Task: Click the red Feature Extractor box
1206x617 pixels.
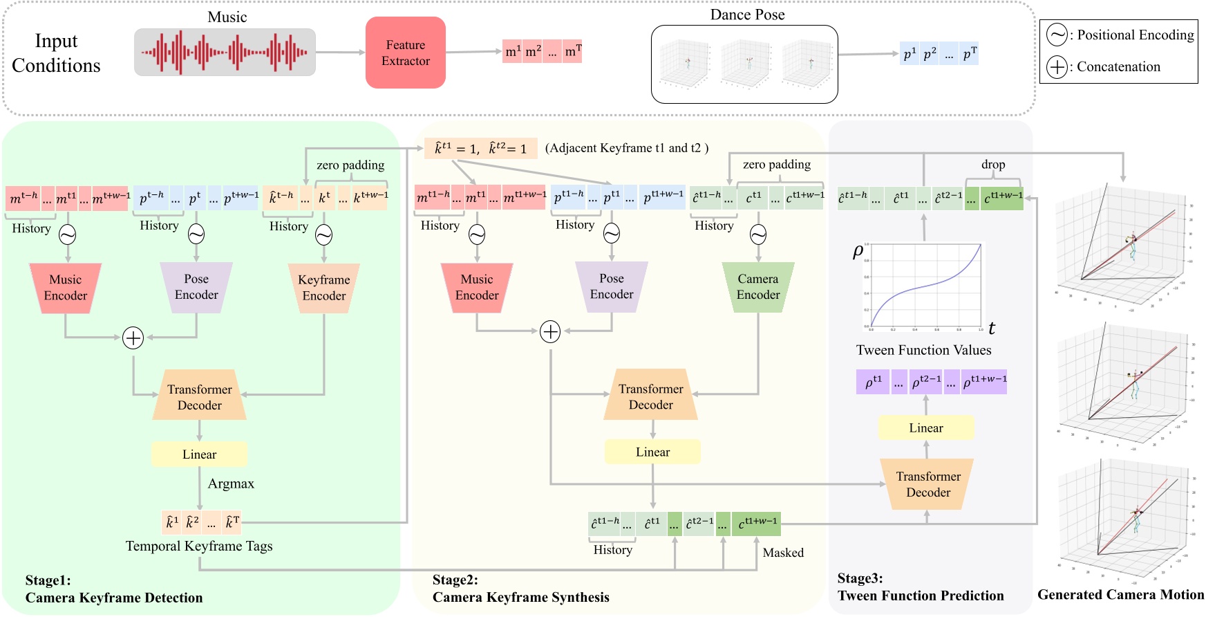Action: (x=405, y=53)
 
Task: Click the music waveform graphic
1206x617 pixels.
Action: (x=225, y=53)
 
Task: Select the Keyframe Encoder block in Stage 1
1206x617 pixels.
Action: (x=323, y=288)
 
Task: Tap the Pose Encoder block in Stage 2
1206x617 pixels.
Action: (x=611, y=286)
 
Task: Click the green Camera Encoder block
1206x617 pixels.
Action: (x=757, y=287)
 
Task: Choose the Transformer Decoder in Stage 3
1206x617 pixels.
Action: (x=927, y=484)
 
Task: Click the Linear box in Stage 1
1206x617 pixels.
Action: (x=199, y=454)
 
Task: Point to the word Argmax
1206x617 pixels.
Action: (x=231, y=484)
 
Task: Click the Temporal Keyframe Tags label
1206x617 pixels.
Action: (x=199, y=546)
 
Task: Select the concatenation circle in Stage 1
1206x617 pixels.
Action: (x=133, y=338)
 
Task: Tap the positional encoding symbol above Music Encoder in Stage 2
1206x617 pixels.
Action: (x=477, y=235)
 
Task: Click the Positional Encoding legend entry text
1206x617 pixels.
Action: (x=1135, y=35)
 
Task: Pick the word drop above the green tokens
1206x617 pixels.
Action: (x=992, y=165)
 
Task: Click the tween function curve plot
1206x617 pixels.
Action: (x=924, y=285)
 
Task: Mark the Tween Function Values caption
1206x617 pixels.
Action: (x=923, y=350)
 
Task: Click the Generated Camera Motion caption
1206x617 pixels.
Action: (x=1120, y=594)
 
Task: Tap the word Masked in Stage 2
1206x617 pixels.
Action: (x=783, y=553)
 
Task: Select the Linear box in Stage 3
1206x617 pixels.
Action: (x=925, y=428)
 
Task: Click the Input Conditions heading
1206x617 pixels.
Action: (x=56, y=53)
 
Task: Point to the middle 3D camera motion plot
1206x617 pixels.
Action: (x=1125, y=388)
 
